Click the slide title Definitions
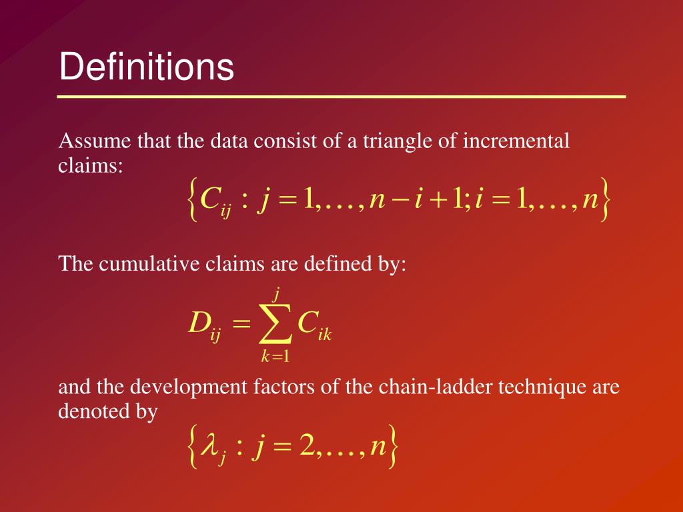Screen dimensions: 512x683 (147, 67)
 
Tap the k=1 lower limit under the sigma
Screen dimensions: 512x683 (275, 357)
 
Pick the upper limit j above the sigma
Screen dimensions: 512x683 (275, 292)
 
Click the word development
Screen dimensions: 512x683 (189, 387)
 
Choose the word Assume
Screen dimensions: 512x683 (83, 141)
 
